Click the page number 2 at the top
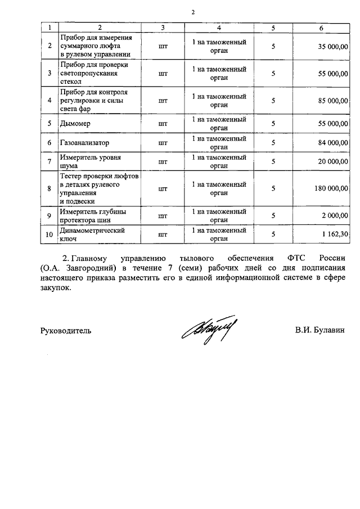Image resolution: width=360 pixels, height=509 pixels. [x=192, y=12]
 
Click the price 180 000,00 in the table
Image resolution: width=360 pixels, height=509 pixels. [x=331, y=188]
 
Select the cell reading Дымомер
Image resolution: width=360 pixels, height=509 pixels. [x=76, y=123]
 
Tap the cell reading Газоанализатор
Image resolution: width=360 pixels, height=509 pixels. [x=85, y=143]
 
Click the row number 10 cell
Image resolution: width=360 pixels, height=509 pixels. [x=49, y=234]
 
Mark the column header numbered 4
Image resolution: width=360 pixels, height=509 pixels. [x=219, y=27]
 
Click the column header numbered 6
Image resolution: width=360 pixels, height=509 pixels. [x=321, y=27]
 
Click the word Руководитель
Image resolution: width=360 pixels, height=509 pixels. [x=66, y=331]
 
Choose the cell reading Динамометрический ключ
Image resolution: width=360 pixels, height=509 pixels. [x=92, y=234]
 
